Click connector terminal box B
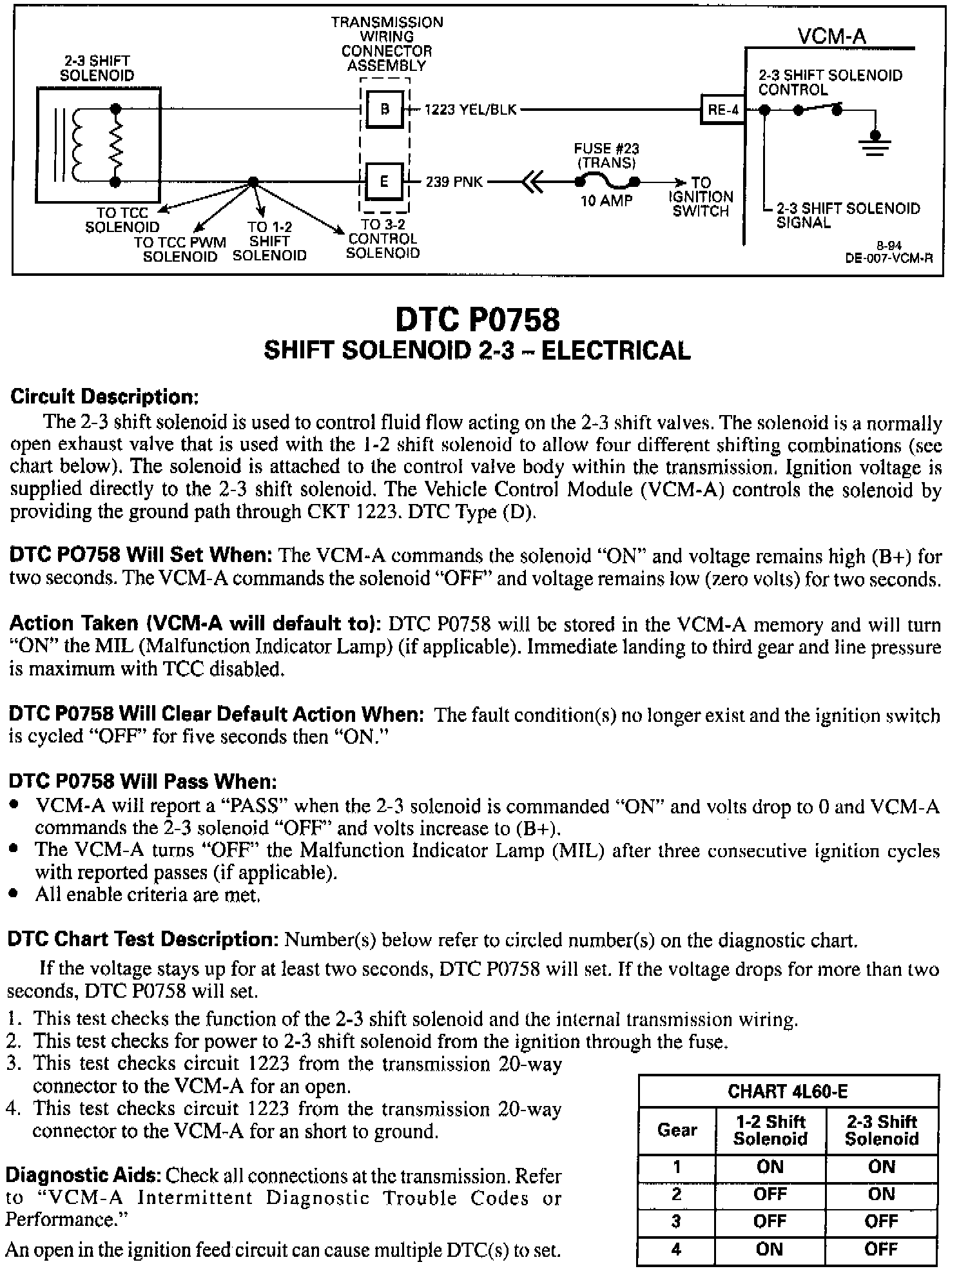pos(384,109)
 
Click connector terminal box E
pos(384,181)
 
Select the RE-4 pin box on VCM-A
pos(722,110)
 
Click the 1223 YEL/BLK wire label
pos(470,110)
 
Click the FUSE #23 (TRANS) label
pos(606,155)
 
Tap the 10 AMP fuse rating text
pos(606,201)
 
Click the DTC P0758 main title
pos(477,318)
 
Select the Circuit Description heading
pos(104,396)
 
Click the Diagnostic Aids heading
pos(83,1175)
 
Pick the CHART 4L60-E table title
pos(788,1091)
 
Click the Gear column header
pos(677,1129)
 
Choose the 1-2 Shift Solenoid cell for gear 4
pos(770,1248)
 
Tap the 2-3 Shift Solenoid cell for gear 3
pos(881,1221)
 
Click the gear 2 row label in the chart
pos(676,1194)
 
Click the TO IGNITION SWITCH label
pos(701,197)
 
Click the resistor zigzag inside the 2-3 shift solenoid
pos(117,145)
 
